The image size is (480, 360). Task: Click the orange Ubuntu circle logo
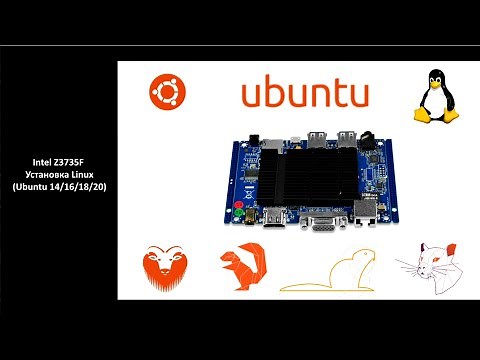coord(166,94)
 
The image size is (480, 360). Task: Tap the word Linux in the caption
coord(82,174)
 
